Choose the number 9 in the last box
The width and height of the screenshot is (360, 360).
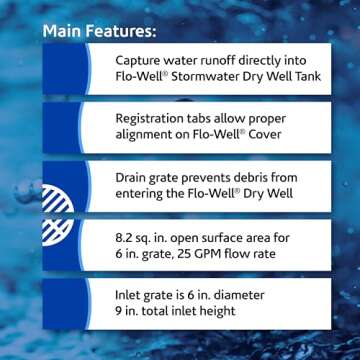tap(121, 312)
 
